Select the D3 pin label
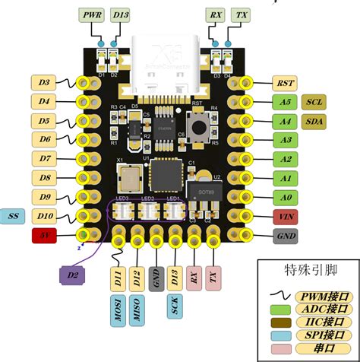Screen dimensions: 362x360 tap(45, 82)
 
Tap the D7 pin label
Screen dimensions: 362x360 tap(45, 158)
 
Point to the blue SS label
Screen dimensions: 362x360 tap(14, 217)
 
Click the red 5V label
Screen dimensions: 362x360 tap(45, 236)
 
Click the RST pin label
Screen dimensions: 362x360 tap(287, 83)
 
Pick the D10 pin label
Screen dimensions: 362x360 tap(45, 217)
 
